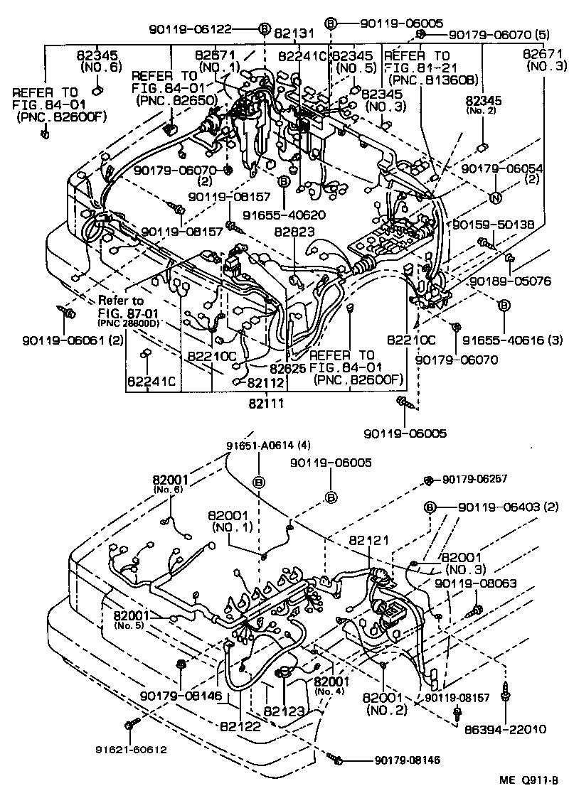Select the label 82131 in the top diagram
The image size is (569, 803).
pyautogui.click(x=293, y=33)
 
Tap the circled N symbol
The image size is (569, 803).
pyautogui.click(x=496, y=197)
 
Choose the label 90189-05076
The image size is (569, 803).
pyautogui.click(x=510, y=281)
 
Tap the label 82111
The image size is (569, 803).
pyautogui.click(x=266, y=403)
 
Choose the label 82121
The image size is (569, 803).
pyautogui.click(x=368, y=541)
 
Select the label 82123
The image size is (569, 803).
pyautogui.click(x=283, y=711)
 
